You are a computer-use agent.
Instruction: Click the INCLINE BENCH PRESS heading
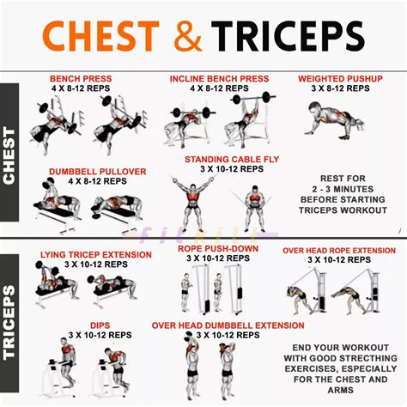coord(221,78)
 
